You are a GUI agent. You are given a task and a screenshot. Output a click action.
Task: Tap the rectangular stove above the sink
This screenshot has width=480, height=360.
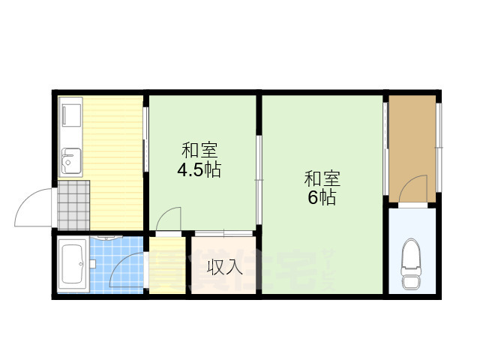tap(71, 115)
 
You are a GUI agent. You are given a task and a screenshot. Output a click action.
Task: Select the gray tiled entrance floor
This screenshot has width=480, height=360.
tap(73, 205)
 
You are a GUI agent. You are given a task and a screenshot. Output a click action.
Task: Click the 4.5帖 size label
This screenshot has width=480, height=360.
tap(198, 169)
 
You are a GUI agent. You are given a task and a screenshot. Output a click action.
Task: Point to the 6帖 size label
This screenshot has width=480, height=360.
tap(320, 198)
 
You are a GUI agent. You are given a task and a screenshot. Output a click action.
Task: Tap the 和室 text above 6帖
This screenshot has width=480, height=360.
tap(322, 179)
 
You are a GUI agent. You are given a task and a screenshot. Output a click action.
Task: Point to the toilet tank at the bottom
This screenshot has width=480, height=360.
tap(412, 281)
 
